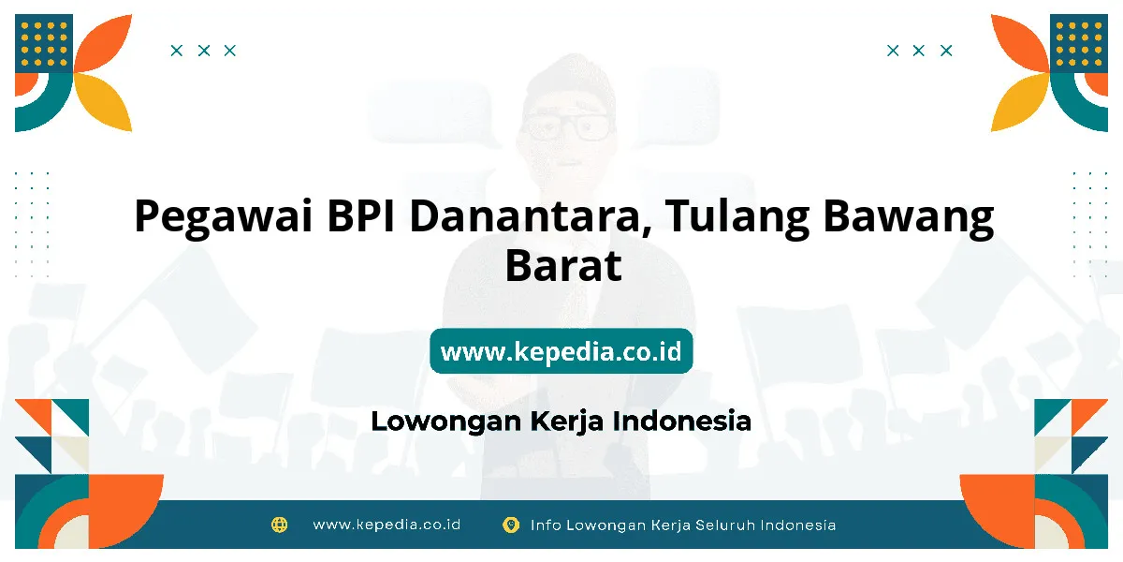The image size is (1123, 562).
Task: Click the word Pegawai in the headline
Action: pyautogui.click(x=224, y=217)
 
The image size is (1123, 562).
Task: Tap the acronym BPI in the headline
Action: pyautogui.click(x=361, y=215)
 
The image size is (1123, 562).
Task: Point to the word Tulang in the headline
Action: pyautogui.click(x=737, y=217)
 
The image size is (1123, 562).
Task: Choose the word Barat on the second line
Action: pyautogui.click(x=563, y=265)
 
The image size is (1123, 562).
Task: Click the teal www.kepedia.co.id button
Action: pyautogui.click(x=561, y=350)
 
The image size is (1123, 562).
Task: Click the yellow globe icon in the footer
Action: pyautogui.click(x=279, y=525)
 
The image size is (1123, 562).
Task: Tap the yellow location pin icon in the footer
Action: pyautogui.click(x=511, y=525)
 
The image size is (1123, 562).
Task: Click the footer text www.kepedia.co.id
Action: pyautogui.click(x=386, y=525)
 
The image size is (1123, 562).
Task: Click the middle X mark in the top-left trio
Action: pyautogui.click(x=204, y=51)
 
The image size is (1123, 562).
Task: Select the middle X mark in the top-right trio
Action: pyautogui.click(x=918, y=51)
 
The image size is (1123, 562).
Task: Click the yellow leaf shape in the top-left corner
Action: pyautogui.click(x=103, y=102)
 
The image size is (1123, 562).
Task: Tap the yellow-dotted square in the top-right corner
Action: pyautogui.click(x=1079, y=43)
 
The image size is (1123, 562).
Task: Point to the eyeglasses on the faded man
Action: pyautogui.click(x=566, y=126)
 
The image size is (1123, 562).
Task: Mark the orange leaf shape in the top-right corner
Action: pyautogui.click(x=1020, y=44)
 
